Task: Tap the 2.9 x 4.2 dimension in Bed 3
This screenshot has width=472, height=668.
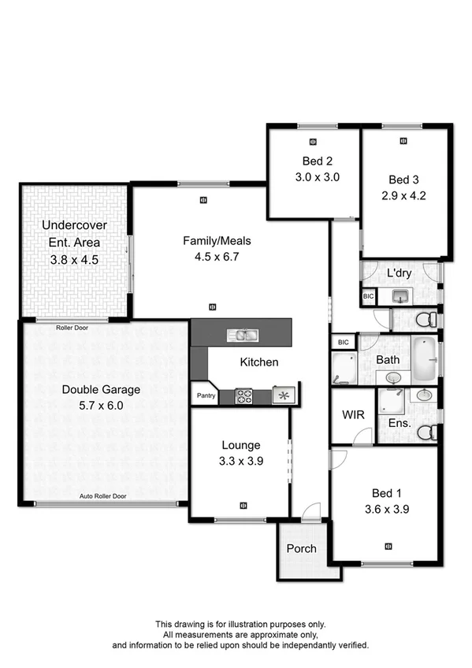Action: coord(407,196)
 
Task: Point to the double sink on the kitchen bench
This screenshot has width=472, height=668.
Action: coord(242,336)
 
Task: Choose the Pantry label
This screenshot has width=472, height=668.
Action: coord(206,396)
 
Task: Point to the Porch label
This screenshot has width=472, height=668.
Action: coord(301,548)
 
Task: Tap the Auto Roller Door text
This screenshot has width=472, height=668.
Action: coord(102,497)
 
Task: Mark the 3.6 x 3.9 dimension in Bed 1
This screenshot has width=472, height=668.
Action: coord(385,510)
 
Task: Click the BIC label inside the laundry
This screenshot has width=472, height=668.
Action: coord(368,296)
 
